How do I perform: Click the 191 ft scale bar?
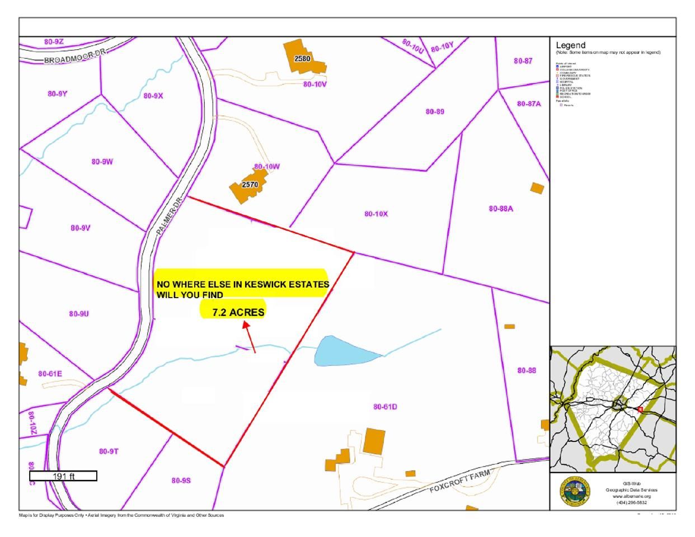(x=63, y=476)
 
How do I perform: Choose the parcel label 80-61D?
(x=385, y=407)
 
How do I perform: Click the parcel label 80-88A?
(x=501, y=209)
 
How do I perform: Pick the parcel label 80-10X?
(x=376, y=214)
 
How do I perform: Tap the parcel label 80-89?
(x=435, y=111)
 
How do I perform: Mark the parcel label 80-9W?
(x=102, y=162)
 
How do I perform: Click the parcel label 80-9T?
(x=109, y=451)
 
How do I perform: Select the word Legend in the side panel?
(x=571, y=45)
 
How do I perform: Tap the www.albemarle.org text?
(x=631, y=496)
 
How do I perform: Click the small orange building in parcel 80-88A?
(x=537, y=188)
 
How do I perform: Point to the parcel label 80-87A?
(x=529, y=103)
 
